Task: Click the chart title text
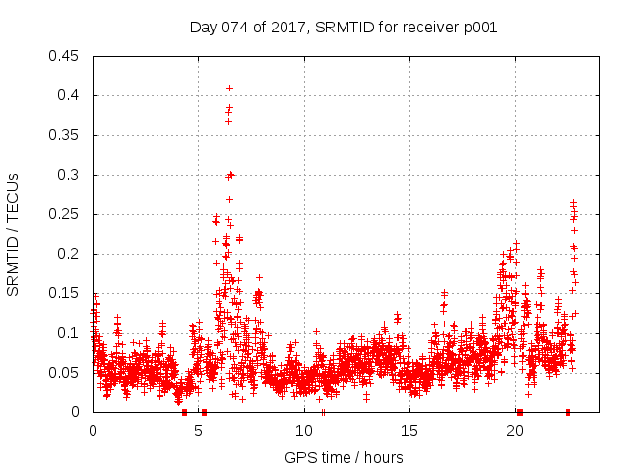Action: coord(343,27)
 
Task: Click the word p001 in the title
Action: coord(478,27)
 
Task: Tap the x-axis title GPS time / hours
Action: coord(343,457)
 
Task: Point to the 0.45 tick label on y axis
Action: coord(65,56)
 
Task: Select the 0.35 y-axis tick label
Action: coord(65,135)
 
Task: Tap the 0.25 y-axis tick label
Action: coord(65,214)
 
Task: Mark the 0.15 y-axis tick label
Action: coord(65,293)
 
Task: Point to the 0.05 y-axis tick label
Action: coord(65,373)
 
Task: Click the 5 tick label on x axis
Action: coord(198,431)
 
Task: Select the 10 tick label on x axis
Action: coord(303,431)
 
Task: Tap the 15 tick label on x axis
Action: coord(409,431)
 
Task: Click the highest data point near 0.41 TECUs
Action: coord(229,88)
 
